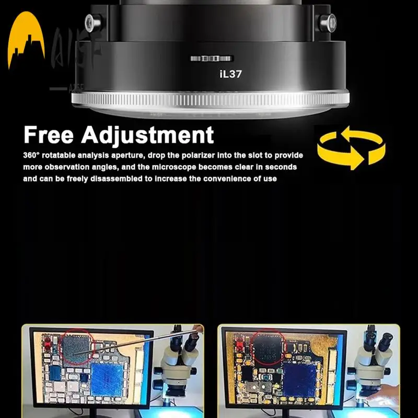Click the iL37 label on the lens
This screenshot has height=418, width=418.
(230, 74)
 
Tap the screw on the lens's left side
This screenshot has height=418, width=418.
(92, 21)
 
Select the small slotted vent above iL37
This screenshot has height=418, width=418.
(212, 58)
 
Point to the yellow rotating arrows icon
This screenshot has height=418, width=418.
(351, 149)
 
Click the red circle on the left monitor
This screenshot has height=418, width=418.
(77, 345)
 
